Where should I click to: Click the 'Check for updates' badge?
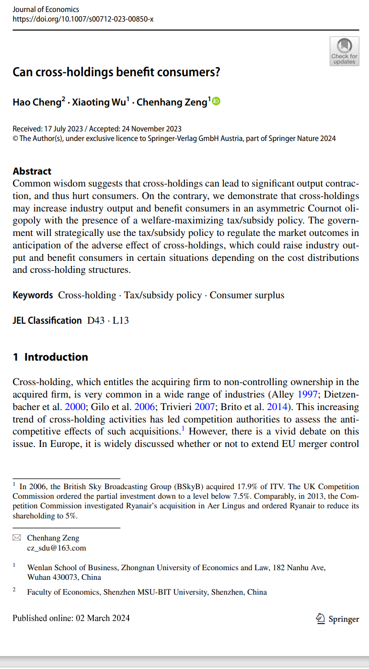[344, 52]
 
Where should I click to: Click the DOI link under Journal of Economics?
[83, 19]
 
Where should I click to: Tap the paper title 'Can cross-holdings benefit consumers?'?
[116, 72]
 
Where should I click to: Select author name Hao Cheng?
[36, 102]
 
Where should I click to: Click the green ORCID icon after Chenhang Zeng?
[216, 101]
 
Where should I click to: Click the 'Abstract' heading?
[32, 171]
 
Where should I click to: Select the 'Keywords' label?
[33, 295]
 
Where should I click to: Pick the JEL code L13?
[121, 320]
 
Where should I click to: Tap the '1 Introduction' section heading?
[50, 357]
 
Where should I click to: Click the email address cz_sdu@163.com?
[57, 548]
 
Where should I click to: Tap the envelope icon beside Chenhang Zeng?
[17, 538]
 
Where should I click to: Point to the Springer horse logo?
[321, 619]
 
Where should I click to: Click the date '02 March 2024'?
[102, 618]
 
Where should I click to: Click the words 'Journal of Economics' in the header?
[46, 9]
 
